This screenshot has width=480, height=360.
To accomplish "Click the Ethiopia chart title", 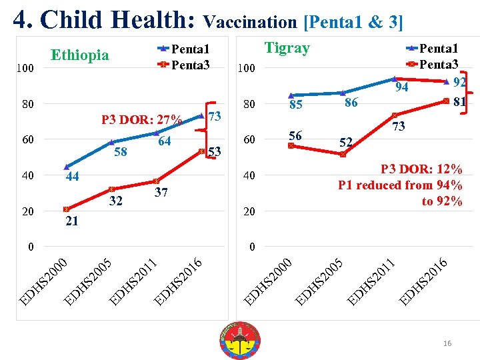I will pos(80,55).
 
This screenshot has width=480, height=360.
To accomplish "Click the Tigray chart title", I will pos(287,48).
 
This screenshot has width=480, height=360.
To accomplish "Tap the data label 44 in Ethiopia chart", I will pos(73,177).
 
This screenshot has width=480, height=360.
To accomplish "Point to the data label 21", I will pos(72,221).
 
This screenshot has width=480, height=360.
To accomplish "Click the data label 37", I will pos(161,193).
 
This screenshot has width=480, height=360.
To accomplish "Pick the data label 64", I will pos(165,141).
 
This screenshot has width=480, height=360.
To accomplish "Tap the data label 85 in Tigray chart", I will pos(295,105).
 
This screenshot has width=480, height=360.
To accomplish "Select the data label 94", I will pos(401,88).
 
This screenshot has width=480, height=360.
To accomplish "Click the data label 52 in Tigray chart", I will pos(346,142).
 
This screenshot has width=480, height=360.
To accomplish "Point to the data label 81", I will pos(459,102).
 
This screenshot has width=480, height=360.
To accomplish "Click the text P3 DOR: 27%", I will pos(141,121).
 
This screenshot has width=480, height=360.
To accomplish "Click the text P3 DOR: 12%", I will pos(421,169).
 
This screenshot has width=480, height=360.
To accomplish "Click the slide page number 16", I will pos(447,343).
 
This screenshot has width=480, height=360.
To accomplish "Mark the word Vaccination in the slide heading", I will pos(251,22).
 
